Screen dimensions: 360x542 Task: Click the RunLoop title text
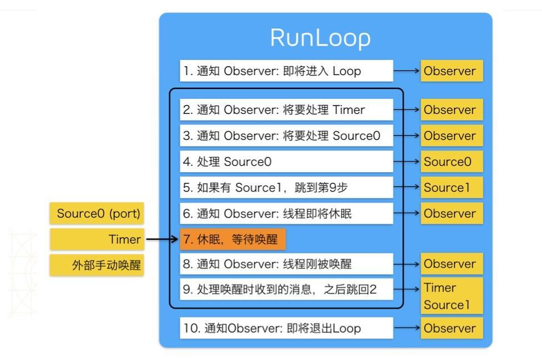pos(320,38)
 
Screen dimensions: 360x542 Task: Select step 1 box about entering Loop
pos(287,71)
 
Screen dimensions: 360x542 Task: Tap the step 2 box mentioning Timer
pos(287,110)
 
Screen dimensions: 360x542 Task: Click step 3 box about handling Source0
pos(287,136)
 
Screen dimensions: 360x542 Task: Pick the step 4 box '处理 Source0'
pos(287,162)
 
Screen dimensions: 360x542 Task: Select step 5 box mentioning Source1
pos(287,188)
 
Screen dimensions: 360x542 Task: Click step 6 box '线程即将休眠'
pos(287,213)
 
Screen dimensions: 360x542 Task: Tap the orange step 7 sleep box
pos(233,239)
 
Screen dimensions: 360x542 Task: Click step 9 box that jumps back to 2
pos(287,289)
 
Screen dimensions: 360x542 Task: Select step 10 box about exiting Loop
pos(287,328)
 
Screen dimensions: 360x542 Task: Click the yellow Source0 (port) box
pos(97,214)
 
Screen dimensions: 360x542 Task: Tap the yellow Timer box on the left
pos(97,239)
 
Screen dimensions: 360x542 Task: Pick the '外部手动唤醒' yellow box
pos(97,265)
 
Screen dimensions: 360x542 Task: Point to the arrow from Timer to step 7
pos(162,239)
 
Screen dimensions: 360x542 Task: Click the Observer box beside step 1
pos(451,71)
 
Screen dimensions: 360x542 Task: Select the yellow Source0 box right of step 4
pos(451,162)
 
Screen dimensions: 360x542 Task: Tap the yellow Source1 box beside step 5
pos(451,188)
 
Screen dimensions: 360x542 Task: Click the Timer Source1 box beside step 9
pos(451,296)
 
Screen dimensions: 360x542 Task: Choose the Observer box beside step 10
pos(451,328)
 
